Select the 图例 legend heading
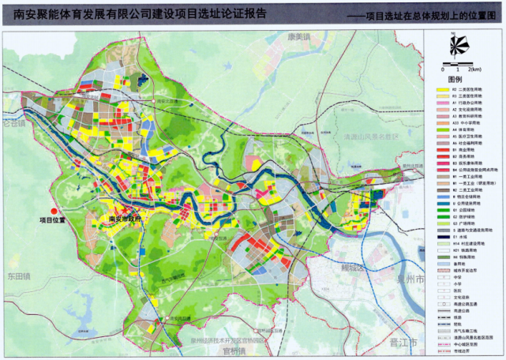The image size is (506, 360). pos(455,80)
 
